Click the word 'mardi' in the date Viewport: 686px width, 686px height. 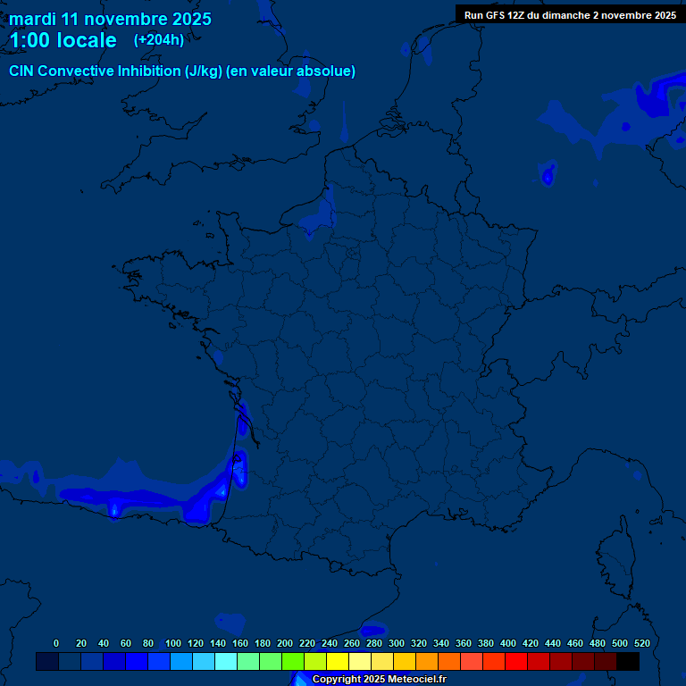[x=33, y=19]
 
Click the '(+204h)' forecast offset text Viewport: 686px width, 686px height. [x=159, y=39]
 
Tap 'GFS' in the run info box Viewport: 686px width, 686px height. [x=499, y=15]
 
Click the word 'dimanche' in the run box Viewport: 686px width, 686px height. [x=568, y=15]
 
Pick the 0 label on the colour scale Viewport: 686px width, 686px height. [x=56, y=643]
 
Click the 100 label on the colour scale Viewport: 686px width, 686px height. [x=172, y=643]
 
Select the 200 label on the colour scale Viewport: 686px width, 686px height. [x=284, y=643]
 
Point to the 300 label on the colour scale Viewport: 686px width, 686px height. [x=396, y=643]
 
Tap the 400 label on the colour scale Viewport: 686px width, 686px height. [x=507, y=643]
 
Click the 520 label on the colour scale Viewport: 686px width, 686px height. [x=641, y=643]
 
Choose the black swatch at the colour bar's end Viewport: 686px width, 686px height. [x=628, y=662]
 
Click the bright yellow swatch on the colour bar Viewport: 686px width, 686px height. [x=338, y=662]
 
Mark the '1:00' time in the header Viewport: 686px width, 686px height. [x=28, y=40]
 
